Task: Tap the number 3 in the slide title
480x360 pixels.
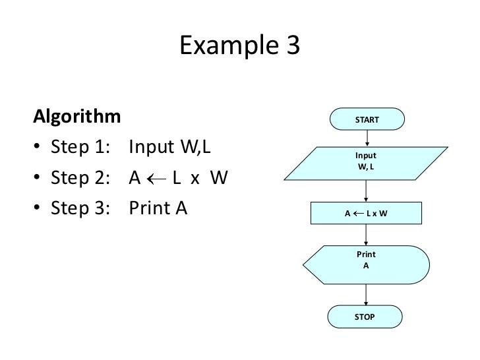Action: [291, 47]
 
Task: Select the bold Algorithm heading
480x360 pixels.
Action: [77, 118]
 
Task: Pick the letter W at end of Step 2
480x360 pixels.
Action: [219, 179]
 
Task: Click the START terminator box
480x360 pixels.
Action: [367, 120]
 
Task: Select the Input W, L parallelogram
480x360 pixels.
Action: [367, 162]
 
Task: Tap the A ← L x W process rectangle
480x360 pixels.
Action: [367, 214]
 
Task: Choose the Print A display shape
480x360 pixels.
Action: [367, 265]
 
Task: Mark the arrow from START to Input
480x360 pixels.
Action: [367, 138]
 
